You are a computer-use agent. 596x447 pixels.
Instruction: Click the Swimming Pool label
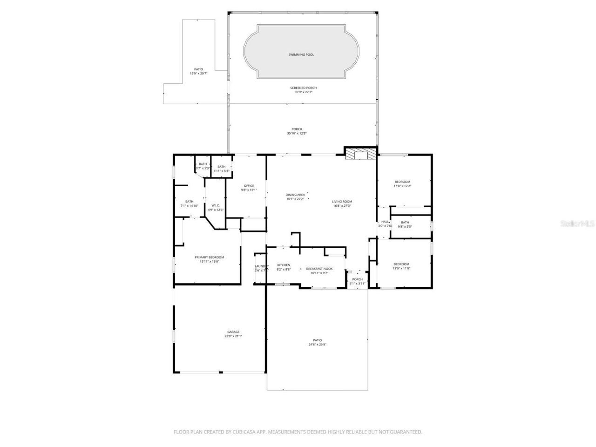click(301, 55)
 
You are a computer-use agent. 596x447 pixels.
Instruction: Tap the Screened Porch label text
click(303, 88)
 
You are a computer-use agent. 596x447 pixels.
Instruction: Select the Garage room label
click(233, 332)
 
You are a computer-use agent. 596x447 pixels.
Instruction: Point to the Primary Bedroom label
click(209, 257)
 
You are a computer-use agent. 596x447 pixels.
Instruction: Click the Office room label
click(249, 186)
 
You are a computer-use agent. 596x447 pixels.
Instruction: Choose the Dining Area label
click(295, 195)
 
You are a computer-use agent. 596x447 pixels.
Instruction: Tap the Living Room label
click(342, 202)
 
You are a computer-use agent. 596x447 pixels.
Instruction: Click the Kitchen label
click(284, 265)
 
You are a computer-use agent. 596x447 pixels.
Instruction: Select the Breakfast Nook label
click(319, 269)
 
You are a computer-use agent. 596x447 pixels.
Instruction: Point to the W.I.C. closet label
click(215, 205)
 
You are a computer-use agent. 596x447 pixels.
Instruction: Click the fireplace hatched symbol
click(360, 155)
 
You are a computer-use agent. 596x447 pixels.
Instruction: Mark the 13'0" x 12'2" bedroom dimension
click(402, 186)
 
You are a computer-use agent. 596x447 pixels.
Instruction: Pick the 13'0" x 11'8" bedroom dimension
click(401, 268)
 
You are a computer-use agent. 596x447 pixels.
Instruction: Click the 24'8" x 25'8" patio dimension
click(317, 345)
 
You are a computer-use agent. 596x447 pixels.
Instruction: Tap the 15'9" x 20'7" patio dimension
click(198, 74)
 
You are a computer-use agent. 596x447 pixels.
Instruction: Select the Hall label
click(385, 222)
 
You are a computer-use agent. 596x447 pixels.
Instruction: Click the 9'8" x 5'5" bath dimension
click(405, 226)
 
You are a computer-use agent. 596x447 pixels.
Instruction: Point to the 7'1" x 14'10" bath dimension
click(189, 206)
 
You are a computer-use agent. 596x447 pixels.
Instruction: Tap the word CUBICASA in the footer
click(245, 432)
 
